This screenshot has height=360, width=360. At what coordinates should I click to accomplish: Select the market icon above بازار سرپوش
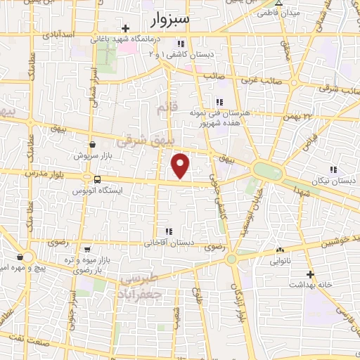93,144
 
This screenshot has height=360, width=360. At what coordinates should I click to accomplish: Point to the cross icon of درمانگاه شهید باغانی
125,29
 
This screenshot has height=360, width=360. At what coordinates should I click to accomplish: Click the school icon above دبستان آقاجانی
168,231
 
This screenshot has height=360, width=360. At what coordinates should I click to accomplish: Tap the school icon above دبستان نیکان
333,169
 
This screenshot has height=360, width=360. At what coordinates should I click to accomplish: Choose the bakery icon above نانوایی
281,250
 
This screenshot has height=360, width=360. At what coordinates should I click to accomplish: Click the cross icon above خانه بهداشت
310,274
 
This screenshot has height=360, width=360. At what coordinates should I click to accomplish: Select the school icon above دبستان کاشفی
181,44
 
